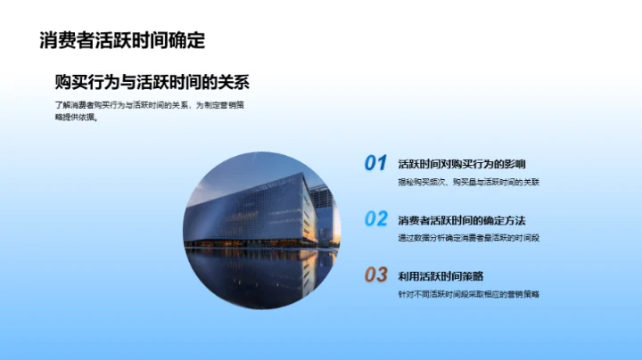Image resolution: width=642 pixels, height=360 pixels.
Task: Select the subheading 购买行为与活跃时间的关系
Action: pos(152,82)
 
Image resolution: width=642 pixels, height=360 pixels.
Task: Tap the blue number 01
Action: pos(375,163)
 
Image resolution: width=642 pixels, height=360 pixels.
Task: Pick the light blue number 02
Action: pos(375,219)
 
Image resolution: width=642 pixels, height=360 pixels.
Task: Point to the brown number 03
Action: pos(375,274)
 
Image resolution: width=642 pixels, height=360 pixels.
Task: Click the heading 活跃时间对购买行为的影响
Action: pos(461,164)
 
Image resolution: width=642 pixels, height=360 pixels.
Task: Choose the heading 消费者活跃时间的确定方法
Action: pos(461,220)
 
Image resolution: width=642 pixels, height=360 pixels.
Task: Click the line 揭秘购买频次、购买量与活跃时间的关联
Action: pos(469,182)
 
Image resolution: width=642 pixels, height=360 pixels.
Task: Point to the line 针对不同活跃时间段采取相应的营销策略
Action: pos(469,293)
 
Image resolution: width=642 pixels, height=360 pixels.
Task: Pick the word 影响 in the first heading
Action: pos(514,164)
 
